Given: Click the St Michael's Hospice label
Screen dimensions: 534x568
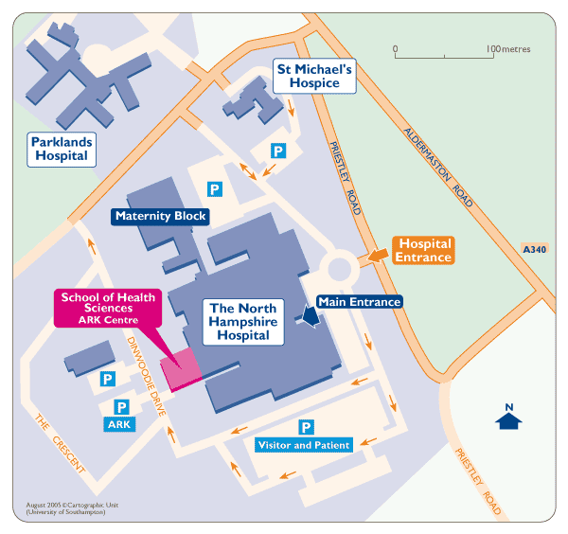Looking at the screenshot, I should [x=313, y=76].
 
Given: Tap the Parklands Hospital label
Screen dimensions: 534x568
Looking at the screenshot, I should [x=62, y=149].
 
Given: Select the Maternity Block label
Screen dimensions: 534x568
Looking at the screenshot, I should [x=160, y=216].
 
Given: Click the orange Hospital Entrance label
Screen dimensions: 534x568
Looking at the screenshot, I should [x=423, y=250].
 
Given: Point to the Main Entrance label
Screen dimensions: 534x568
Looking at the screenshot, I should [x=360, y=302].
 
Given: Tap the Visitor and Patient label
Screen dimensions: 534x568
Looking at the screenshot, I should [x=304, y=445].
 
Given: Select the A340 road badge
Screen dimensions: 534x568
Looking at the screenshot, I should [x=535, y=249].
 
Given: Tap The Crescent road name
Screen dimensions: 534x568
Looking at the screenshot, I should [x=57, y=444].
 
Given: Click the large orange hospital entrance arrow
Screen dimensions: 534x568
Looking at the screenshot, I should [x=375, y=254].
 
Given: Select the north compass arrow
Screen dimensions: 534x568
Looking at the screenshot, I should [x=509, y=417].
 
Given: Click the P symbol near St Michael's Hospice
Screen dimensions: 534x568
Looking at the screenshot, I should [x=278, y=151].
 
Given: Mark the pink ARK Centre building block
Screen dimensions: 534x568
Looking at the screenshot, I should [x=181, y=368].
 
